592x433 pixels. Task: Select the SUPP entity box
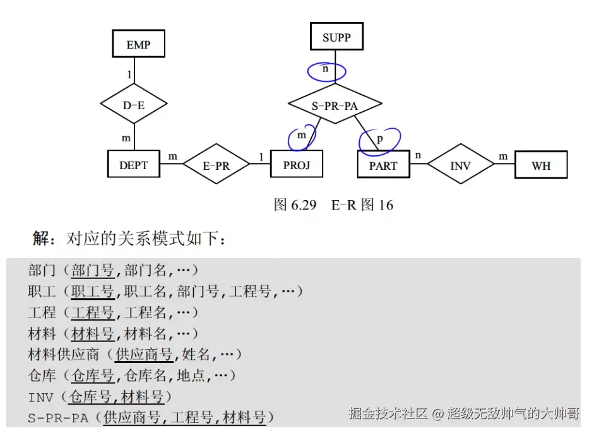pyautogui.click(x=336, y=37)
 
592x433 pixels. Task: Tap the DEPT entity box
pyautogui.click(x=133, y=165)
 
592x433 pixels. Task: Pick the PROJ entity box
pyautogui.click(x=297, y=165)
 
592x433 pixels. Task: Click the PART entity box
pyautogui.click(x=383, y=165)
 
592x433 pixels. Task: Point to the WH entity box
pyautogui.click(x=541, y=165)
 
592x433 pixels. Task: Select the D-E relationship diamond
pyautogui.click(x=133, y=105)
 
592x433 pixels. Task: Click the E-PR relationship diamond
pyautogui.click(x=216, y=165)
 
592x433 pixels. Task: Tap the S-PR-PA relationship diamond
pyautogui.click(x=334, y=105)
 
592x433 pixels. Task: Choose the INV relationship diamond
pyautogui.click(x=461, y=165)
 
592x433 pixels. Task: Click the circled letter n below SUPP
pyautogui.click(x=326, y=69)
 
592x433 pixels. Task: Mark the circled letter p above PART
pyautogui.click(x=380, y=138)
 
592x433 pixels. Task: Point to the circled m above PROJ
pyautogui.click(x=301, y=136)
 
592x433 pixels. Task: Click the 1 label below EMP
pyautogui.click(x=129, y=74)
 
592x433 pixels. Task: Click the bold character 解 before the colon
pyautogui.click(x=41, y=239)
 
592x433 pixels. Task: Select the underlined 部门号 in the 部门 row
pyautogui.click(x=92, y=271)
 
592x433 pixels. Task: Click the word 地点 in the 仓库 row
pyautogui.click(x=191, y=376)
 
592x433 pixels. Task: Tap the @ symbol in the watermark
pyautogui.click(x=437, y=414)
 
